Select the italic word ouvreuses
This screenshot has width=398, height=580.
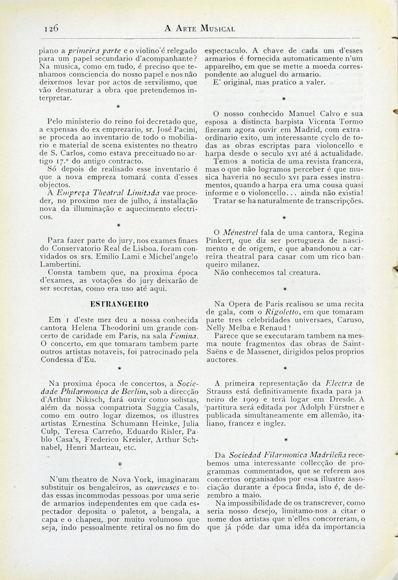point(168,488)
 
